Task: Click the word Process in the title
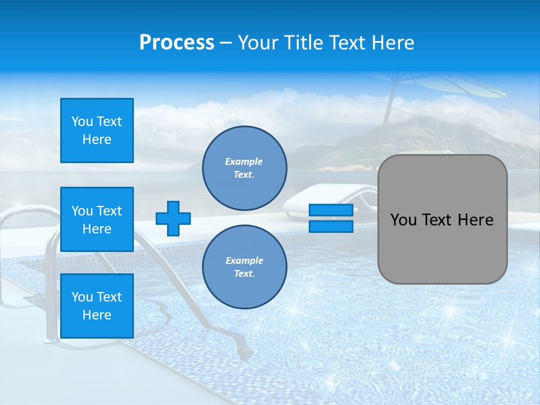pyautogui.click(x=177, y=43)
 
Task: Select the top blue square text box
pyautogui.click(x=97, y=130)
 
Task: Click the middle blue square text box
pyautogui.click(x=97, y=219)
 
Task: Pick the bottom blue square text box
pyautogui.click(x=97, y=306)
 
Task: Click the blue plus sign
pyautogui.click(x=173, y=218)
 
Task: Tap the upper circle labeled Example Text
pyautogui.click(x=245, y=168)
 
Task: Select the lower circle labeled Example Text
pyautogui.click(x=245, y=267)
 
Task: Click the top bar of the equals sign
pyautogui.click(x=331, y=210)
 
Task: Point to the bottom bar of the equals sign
pyautogui.click(x=331, y=226)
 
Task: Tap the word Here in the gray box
pyautogui.click(x=475, y=220)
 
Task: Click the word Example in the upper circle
pyautogui.click(x=244, y=161)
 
